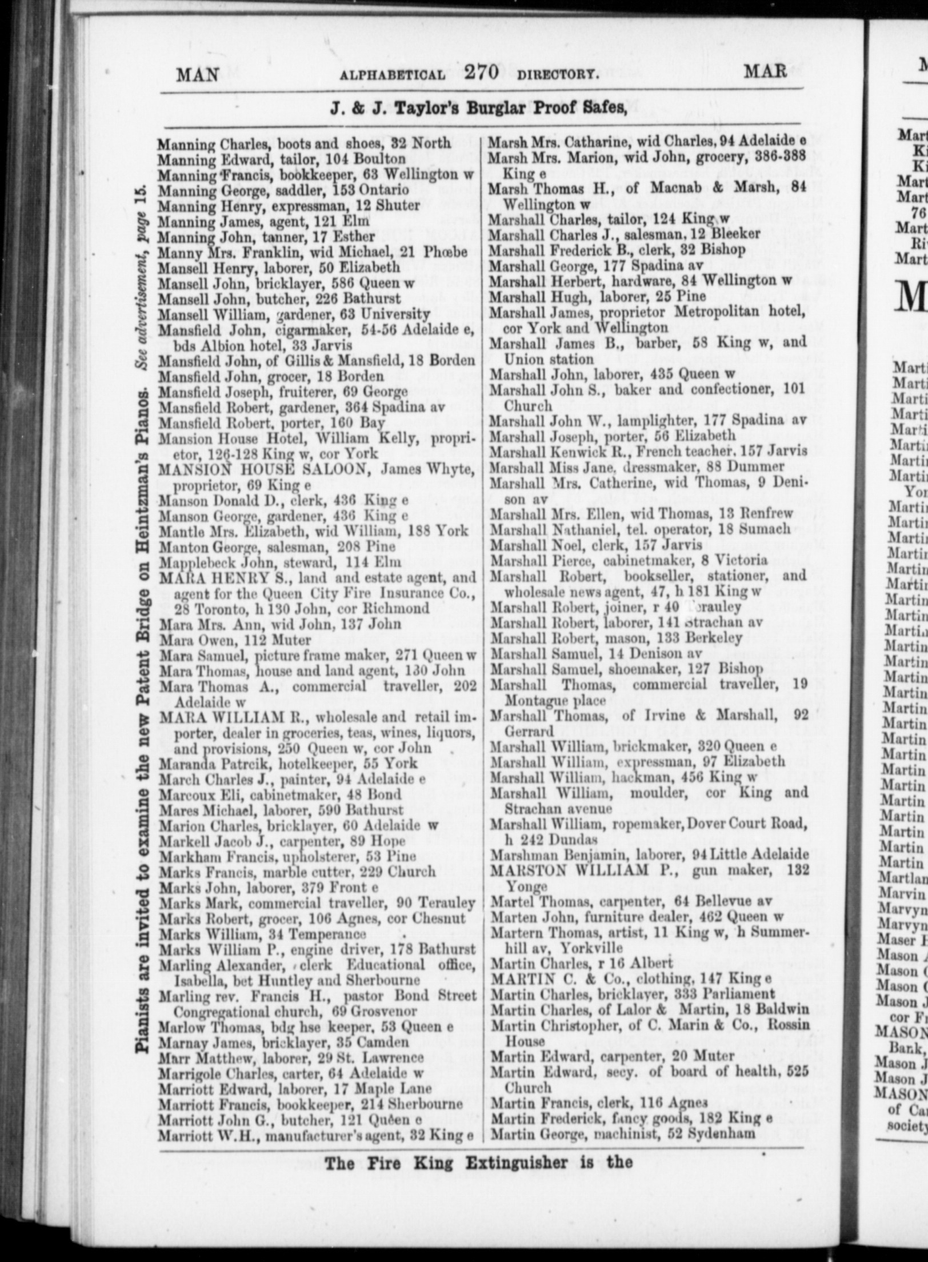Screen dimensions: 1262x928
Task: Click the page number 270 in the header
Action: [x=482, y=73]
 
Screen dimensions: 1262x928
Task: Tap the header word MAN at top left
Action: [x=197, y=75]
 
